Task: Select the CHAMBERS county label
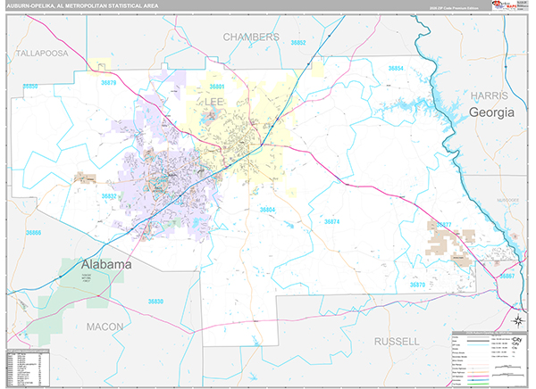pyautogui.click(x=251, y=37)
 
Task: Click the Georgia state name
pyautogui.click(x=492, y=112)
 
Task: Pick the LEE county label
pyautogui.click(x=215, y=103)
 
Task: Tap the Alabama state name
pyautogui.click(x=106, y=265)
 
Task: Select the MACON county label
pyautogui.click(x=105, y=327)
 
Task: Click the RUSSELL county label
pyautogui.click(x=397, y=342)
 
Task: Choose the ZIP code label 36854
pyautogui.click(x=395, y=68)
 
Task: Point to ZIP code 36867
pyautogui.click(x=507, y=277)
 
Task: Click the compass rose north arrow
pyautogui.click(x=517, y=322)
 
